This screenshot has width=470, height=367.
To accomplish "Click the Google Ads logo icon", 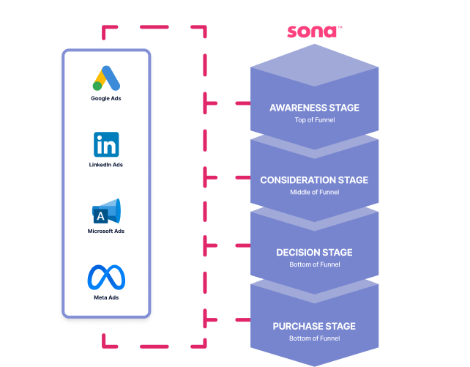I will (x=106, y=78).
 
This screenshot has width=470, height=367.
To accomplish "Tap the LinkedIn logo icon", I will (x=106, y=145).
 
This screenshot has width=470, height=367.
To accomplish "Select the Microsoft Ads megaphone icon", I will (x=106, y=212).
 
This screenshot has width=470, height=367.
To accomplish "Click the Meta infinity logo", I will (x=106, y=277).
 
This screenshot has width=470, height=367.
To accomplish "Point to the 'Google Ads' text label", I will (x=106, y=98).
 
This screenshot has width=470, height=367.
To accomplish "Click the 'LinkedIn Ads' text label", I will (x=106, y=165).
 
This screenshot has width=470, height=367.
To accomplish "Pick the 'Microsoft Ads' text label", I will (x=106, y=231).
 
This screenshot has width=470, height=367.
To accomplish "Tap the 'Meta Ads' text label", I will (x=106, y=297).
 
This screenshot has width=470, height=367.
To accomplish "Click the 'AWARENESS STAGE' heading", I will (x=314, y=108).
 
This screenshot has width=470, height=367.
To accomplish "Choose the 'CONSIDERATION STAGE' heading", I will (x=314, y=180).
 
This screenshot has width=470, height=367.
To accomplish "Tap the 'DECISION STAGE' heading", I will (x=314, y=253).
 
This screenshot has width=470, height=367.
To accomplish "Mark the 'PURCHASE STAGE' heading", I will (x=314, y=326).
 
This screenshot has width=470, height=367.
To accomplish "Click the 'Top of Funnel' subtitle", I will (x=314, y=120).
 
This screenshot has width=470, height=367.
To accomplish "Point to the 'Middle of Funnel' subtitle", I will (x=314, y=193).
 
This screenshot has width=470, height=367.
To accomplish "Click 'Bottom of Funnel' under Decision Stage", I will (x=314, y=265).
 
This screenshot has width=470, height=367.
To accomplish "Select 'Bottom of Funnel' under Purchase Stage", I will (x=314, y=338).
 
